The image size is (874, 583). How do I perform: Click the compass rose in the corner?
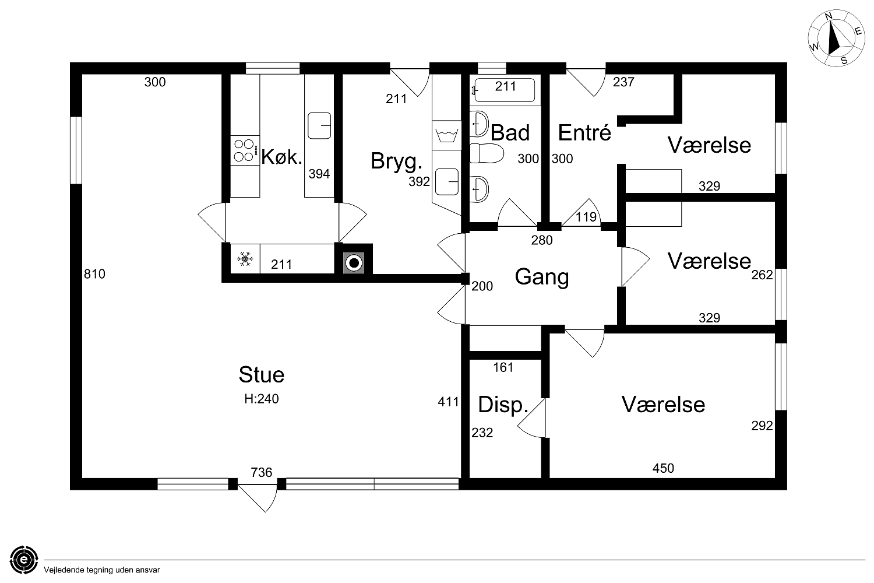click(836, 38)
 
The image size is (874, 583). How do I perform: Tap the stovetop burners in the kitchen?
click(245, 150)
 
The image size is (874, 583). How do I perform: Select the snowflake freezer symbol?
click(245, 259)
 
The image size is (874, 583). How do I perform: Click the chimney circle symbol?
click(354, 263)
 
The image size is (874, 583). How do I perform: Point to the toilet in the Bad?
click(486, 153)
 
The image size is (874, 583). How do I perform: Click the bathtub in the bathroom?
click(504, 90)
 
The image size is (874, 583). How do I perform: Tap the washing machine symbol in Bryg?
click(447, 135)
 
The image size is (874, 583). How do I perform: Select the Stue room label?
click(262, 374)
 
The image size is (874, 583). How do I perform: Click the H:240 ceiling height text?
click(262, 399)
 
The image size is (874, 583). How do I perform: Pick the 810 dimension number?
click(94, 274)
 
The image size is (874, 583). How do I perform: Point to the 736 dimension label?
click(262, 472)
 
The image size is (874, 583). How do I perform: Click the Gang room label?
click(541, 278)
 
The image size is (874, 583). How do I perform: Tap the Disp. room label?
click(503, 405)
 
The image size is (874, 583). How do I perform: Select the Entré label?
click(584, 132)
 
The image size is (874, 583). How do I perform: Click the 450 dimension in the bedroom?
click(663, 468)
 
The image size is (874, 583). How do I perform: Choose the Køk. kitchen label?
click(281, 157)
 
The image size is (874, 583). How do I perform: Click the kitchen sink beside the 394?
click(319, 126)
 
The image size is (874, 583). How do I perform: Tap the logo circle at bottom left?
click(24, 560)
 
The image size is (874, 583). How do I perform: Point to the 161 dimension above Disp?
click(503, 367)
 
